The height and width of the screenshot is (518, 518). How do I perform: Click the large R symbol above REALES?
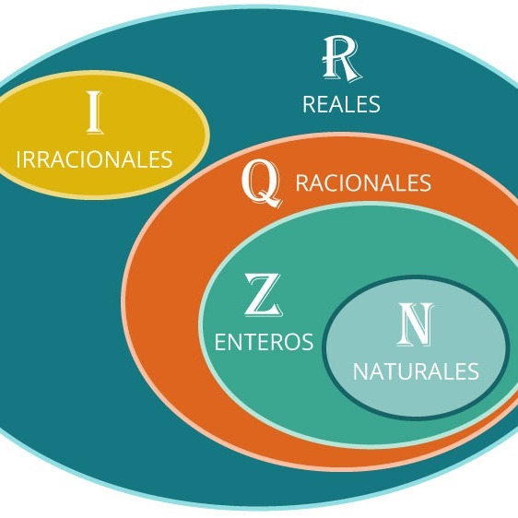(341, 58)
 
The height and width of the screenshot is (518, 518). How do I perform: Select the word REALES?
(341, 104)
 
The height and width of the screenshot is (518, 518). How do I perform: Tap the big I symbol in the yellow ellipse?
(95, 112)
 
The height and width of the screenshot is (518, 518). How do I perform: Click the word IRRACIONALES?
(94, 159)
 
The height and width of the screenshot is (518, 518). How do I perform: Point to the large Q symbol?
(262, 183)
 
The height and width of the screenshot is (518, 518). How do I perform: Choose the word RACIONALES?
(363, 182)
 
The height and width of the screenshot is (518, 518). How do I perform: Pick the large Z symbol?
(264, 295)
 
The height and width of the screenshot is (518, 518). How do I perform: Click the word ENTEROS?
(264, 342)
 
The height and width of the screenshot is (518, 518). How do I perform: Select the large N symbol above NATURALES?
(416, 324)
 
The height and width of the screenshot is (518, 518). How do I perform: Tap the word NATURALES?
(416, 371)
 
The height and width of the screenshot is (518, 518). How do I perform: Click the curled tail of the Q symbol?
(272, 202)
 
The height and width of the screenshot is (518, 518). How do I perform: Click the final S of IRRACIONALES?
(166, 159)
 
